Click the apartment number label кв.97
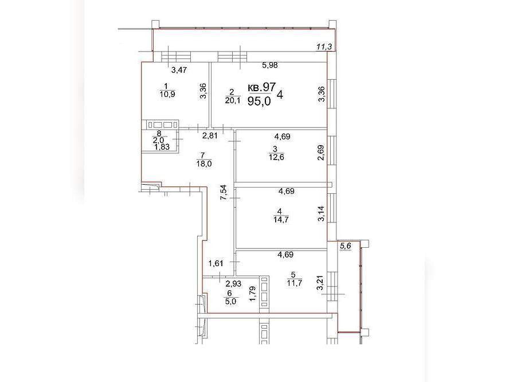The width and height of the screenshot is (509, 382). tap(261, 87)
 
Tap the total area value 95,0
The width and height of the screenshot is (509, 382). tap(259, 102)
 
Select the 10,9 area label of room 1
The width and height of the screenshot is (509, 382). tap(167, 95)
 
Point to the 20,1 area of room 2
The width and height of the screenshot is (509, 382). tap(233, 100)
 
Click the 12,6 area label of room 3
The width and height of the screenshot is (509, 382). tap(276, 158)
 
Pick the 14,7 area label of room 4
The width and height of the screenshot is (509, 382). tap(281, 220)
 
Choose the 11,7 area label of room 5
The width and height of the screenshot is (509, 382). tap(295, 283)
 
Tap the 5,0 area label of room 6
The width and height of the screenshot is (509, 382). tap(232, 301)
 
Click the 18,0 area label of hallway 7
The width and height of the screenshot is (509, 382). tap(204, 163)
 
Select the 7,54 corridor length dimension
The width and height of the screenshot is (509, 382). tap(224, 193)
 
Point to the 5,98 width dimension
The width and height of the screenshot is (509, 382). tap(270, 65)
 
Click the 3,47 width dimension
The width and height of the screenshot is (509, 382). tap(179, 70)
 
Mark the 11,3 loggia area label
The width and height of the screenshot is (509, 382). tap(324, 47)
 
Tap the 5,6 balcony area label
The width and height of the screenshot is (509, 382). tap(346, 246)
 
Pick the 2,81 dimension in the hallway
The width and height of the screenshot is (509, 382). tap(210, 135)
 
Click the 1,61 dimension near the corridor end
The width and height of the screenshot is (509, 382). tap(216, 263)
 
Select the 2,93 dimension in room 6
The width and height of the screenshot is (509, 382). tap(233, 283)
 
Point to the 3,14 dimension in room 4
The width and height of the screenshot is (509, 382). tap(321, 213)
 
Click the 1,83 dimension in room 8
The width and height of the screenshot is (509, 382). tap(162, 147)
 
